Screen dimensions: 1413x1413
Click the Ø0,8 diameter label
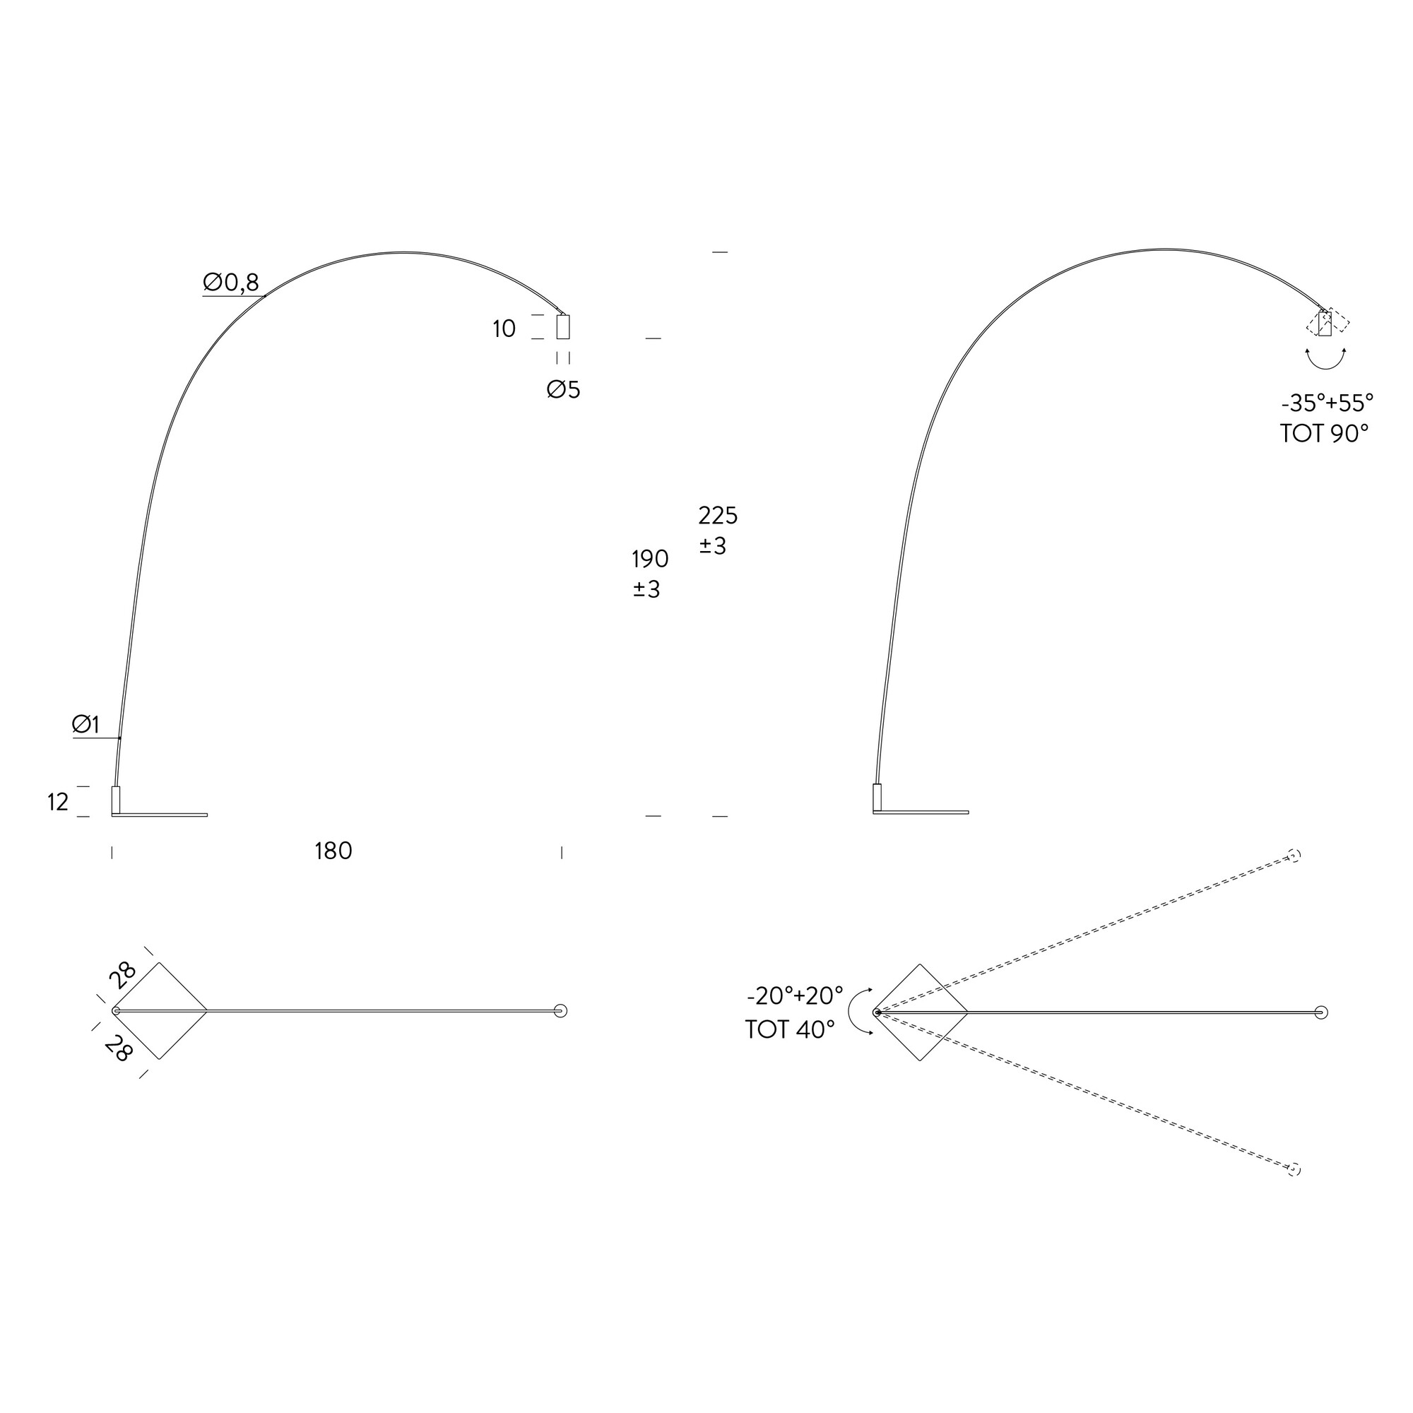coord(231,283)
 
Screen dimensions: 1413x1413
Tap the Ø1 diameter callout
coord(85,725)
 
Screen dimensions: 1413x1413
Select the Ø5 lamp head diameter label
coord(563,390)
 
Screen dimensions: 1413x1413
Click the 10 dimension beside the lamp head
coord(504,329)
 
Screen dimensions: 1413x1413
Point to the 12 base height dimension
coord(58,803)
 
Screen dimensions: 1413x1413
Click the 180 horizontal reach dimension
coord(333,851)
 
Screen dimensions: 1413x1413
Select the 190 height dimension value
coord(650,560)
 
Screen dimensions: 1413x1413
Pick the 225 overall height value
coord(719,516)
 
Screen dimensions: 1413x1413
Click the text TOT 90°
coord(1324,434)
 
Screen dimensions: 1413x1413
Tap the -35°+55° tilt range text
coord(1328,403)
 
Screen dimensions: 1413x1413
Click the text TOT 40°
coord(790,1030)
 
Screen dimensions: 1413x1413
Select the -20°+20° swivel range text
coord(795,996)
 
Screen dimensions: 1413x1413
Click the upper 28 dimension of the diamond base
coord(123,975)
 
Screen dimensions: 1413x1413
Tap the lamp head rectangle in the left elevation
coord(563,327)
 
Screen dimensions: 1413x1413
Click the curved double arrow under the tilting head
coord(1326,360)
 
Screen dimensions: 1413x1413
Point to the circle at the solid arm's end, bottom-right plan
coord(1321,1013)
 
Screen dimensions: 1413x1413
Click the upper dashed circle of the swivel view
coord(1294,856)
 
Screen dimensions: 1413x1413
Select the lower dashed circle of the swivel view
coord(1294,1170)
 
